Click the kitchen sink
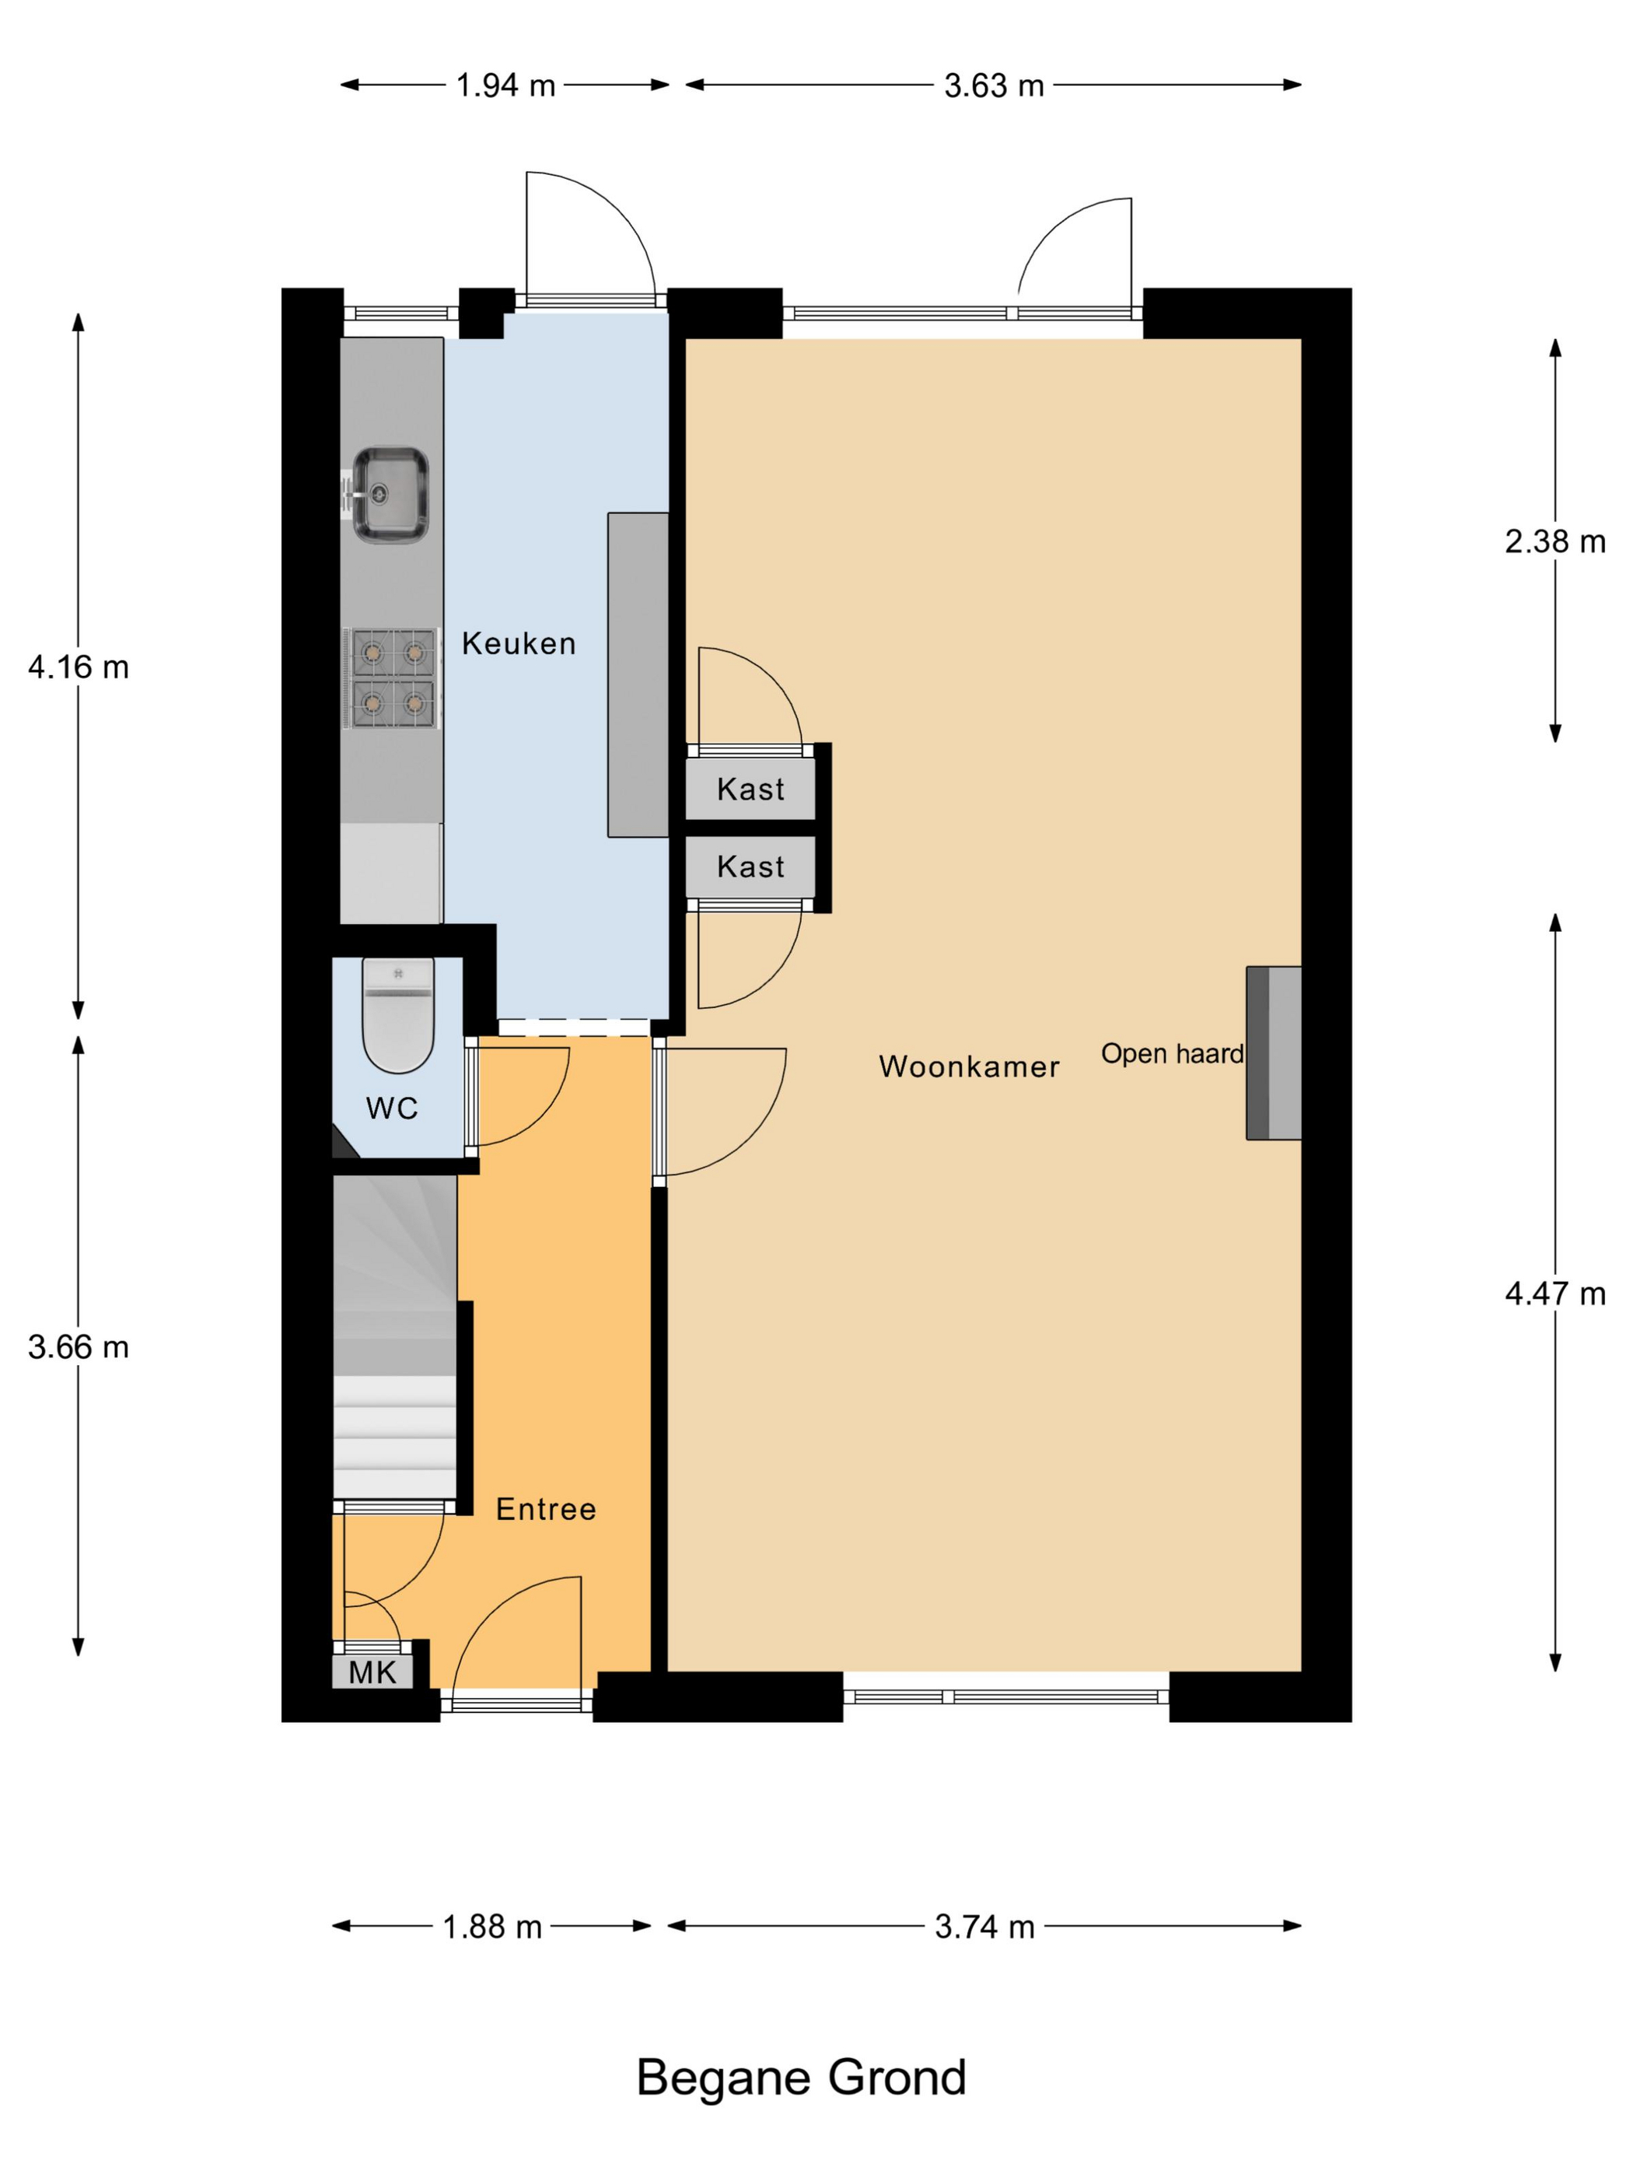click(x=390, y=494)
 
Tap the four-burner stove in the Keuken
click(x=392, y=678)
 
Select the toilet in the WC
click(x=397, y=1015)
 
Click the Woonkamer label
click(x=969, y=1066)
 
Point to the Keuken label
click(x=519, y=643)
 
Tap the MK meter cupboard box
click(x=372, y=1672)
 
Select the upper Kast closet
click(x=750, y=789)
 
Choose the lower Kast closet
click(x=750, y=867)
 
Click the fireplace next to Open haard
click(x=1274, y=1052)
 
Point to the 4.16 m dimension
click(x=79, y=667)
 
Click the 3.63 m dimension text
click(x=993, y=86)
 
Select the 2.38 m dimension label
click(x=1555, y=541)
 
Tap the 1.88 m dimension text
click(x=492, y=1926)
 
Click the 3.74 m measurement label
click(x=984, y=1926)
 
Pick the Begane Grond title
click(x=801, y=2078)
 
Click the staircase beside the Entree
click(x=395, y=1337)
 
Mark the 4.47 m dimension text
click(x=1555, y=1293)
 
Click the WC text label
click(x=392, y=1108)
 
